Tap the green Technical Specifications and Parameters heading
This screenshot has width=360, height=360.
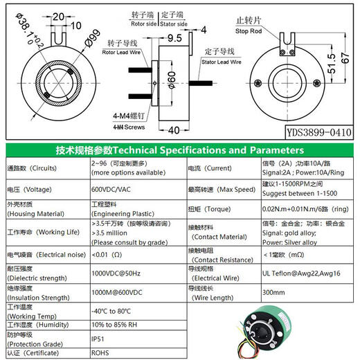[x=180, y=150]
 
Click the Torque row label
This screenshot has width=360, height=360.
[x=212, y=207]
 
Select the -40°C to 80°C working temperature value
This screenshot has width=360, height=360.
[x=116, y=311]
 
